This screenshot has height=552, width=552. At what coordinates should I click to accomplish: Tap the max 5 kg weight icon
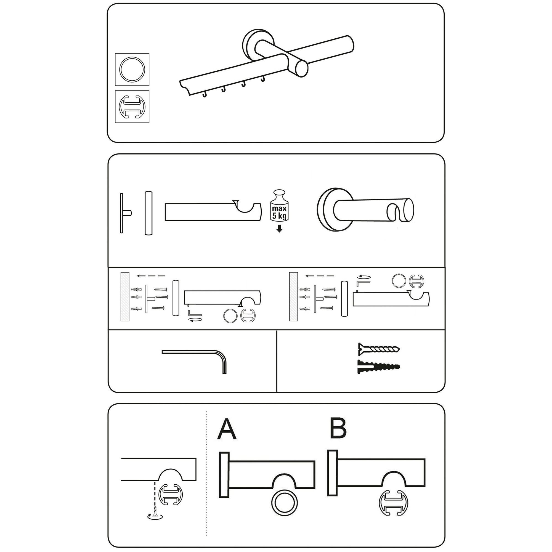pos(279,206)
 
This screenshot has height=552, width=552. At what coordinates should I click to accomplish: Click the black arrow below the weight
pos(279,228)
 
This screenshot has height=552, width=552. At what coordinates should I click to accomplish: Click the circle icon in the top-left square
pos(132,70)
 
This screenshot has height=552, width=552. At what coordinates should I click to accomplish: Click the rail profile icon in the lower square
pos(132,107)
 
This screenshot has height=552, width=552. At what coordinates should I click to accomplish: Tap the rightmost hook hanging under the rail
pos(263,79)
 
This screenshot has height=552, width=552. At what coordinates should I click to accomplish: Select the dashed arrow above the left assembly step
pos(151,276)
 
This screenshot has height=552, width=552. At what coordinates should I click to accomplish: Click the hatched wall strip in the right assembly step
pos(293,297)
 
